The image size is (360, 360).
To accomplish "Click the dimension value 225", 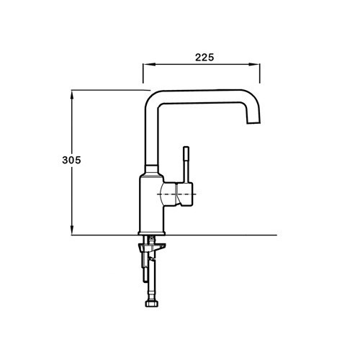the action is [204, 58].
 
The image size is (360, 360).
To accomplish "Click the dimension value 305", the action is [71, 160].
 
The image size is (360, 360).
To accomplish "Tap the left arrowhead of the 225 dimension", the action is [149, 64].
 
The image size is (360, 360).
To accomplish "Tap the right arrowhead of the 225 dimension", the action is [254, 64].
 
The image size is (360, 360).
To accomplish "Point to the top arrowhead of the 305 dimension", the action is [72, 95].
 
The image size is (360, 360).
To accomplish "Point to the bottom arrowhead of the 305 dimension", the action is [72, 230].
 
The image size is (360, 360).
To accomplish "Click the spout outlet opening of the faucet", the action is [253, 123].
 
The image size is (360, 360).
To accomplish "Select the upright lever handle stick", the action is [186, 164].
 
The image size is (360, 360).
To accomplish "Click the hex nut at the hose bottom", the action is [152, 303].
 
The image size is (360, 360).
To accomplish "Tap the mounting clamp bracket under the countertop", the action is [152, 247].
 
